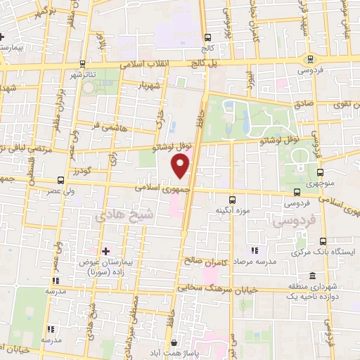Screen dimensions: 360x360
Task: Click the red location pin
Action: (181, 166)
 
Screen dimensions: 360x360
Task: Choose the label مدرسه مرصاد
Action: (254, 260)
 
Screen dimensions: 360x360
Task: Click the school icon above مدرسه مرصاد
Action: (254, 250)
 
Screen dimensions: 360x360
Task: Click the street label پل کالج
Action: (217, 63)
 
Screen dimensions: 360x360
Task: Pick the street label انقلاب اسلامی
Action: (162, 63)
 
